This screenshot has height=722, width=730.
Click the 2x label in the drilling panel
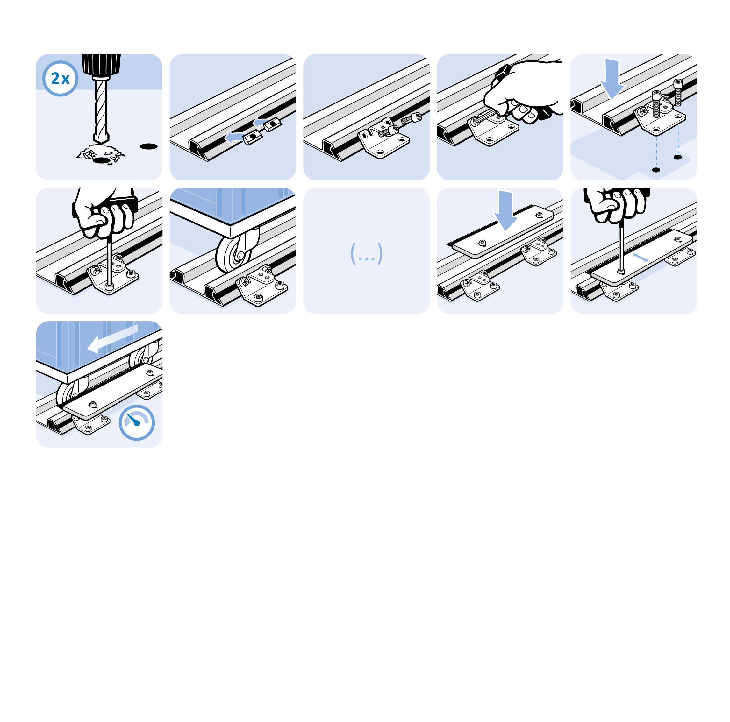[60, 79]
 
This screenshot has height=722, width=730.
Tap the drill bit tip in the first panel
[101, 142]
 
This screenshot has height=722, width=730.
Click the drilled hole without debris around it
[148, 146]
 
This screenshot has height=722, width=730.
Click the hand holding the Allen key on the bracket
[523, 91]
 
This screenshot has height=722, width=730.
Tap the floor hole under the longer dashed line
[656, 170]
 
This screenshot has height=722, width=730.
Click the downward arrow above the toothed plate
[505, 209]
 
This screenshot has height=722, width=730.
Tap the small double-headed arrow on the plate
[640, 257]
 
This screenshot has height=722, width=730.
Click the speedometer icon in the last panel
[137, 422]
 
